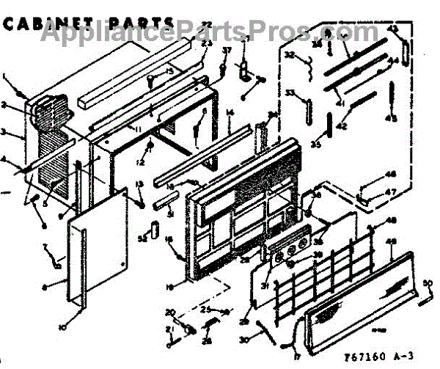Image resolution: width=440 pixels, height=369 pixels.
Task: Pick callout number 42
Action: coord(341,126)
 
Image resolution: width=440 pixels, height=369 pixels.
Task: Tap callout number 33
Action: coord(290,93)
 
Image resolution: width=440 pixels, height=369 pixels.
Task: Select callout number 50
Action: coord(428,282)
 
